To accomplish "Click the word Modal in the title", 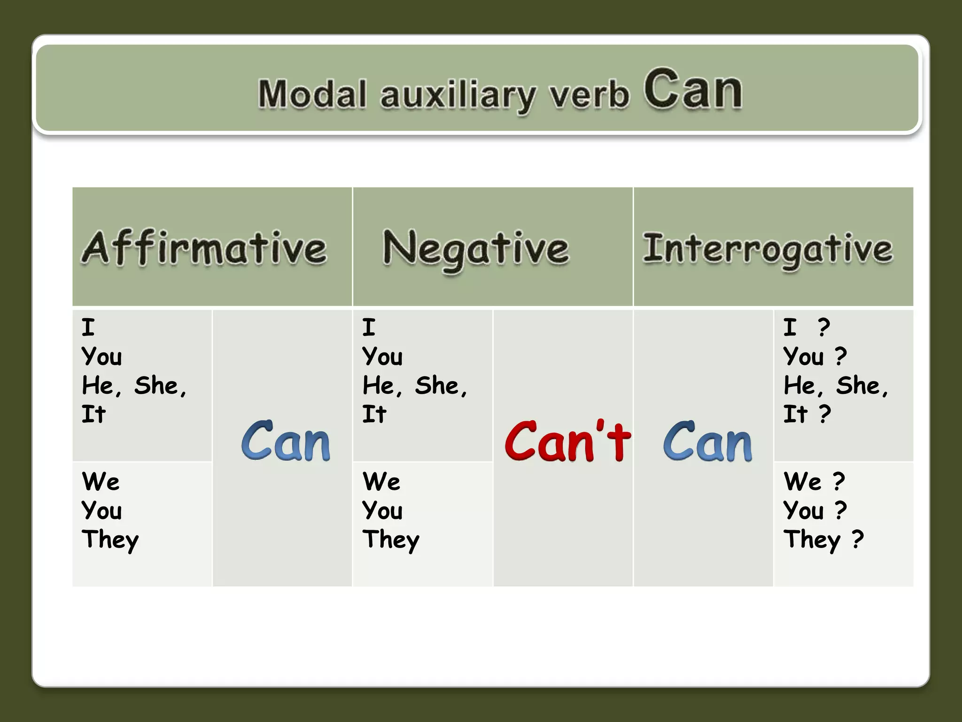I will (x=312, y=94).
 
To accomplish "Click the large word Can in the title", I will (x=693, y=89).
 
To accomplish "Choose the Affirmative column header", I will (x=204, y=248).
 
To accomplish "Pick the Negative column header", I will (x=476, y=249).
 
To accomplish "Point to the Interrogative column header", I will (x=768, y=249).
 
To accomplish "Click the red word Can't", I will (x=567, y=441).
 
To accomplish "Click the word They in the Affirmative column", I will (x=110, y=540).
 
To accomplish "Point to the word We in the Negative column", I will (x=381, y=482).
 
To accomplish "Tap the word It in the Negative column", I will (x=374, y=415).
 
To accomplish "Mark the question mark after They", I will (x=858, y=539).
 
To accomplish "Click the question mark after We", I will (x=839, y=481).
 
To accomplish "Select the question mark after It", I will (x=825, y=414).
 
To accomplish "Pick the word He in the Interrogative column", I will (x=800, y=386).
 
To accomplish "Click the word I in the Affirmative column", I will (x=88, y=327).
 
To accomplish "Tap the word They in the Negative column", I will (x=391, y=540).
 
